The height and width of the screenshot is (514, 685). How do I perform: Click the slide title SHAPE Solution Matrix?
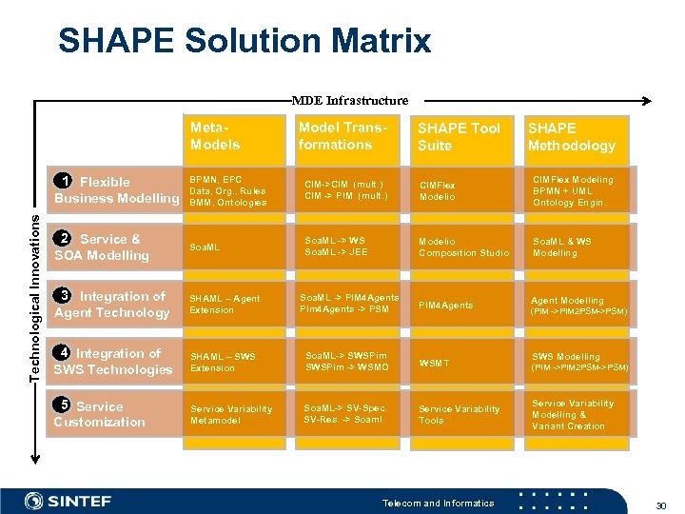click(x=244, y=41)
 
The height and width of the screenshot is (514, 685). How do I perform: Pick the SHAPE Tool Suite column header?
click(x=460, y=136)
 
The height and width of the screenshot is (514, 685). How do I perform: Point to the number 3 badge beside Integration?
click(x=63, y=296)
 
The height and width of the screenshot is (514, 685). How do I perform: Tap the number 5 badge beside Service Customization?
click(x=63, y=405)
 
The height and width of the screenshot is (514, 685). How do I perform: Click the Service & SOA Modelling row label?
click(x=102, y=247)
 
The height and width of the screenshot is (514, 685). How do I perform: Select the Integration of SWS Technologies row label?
click(x=112, y=362)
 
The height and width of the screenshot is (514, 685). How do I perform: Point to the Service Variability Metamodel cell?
click(x=230, y=414)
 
